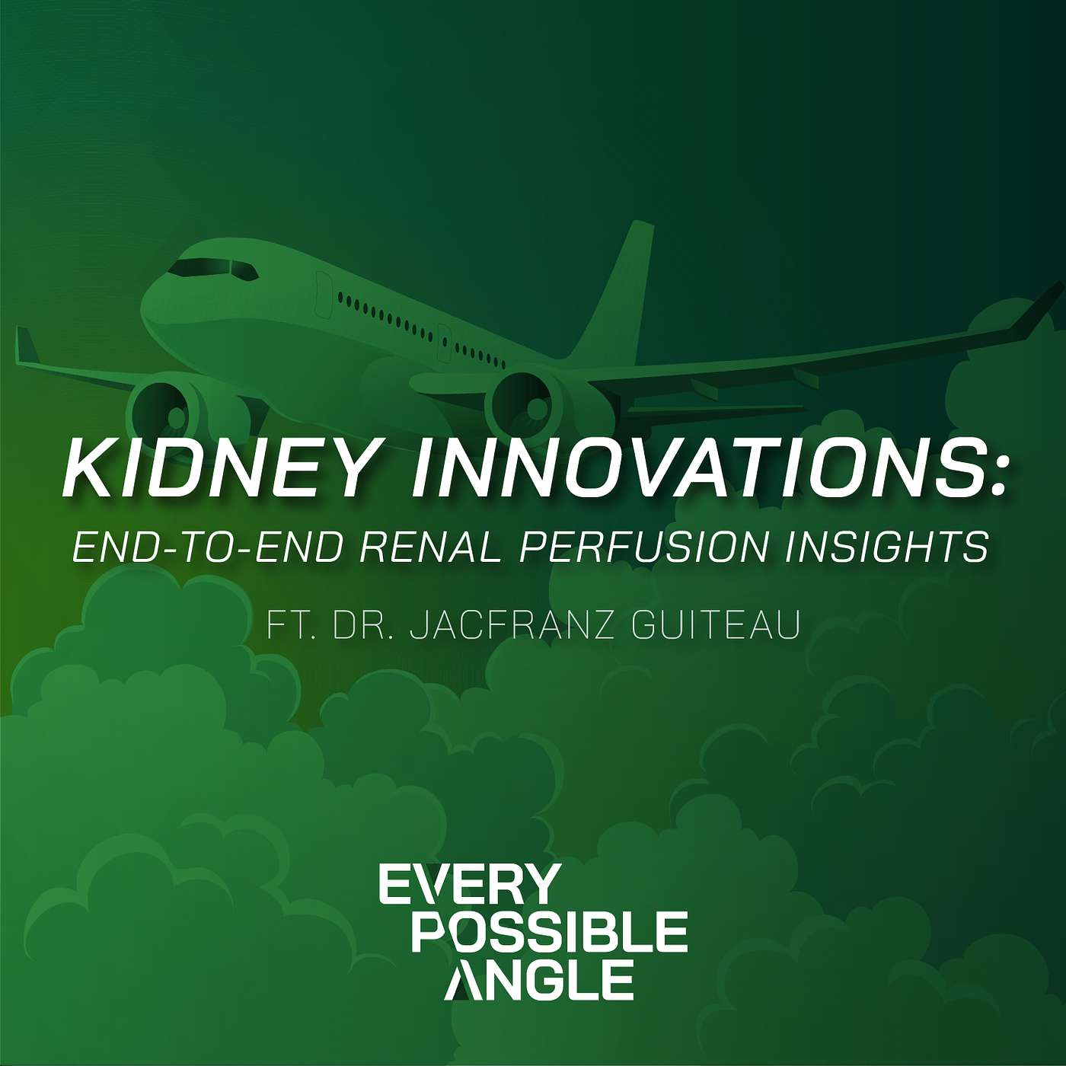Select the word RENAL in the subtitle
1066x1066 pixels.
pos(429,547)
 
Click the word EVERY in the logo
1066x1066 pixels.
pos(469,885)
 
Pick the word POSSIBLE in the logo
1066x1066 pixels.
pos(550,932)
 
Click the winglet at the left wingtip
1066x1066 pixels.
pos(27,346)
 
